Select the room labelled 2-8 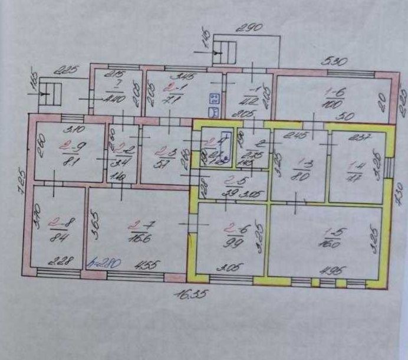[57, 227]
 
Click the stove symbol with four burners [215, 97]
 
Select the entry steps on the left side [50, 95]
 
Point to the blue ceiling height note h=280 [100, 263]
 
